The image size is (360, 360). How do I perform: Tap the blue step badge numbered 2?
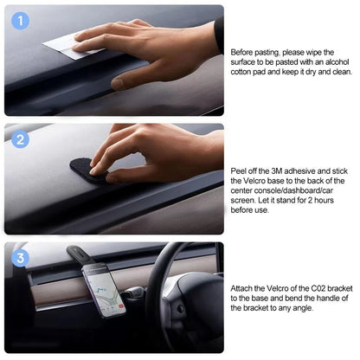point(22,138)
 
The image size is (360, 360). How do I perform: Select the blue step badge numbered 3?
point(22,257)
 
